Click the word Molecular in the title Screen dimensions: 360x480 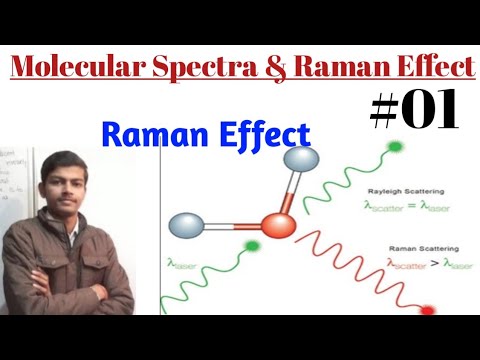point(71,68)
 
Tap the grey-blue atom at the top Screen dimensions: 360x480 point(299,161)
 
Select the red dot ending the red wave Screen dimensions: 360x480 point(429,311)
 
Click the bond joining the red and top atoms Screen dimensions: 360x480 point(289,191)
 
